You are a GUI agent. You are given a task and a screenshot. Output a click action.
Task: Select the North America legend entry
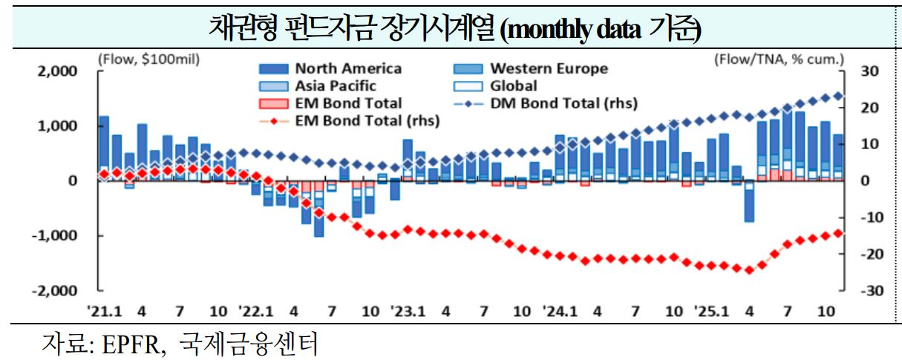pyautogui.click(x=348, y=68)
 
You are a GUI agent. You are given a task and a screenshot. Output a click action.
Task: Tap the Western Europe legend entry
pyautogui.click(x=549, y=68)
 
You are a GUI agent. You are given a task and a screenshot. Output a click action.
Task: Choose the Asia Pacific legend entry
pyautogui.click(x=336, y=86)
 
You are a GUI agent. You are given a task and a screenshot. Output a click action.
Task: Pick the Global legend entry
pyautogui.click(x=514, y=86)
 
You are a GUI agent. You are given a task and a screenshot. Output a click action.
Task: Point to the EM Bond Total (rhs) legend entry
pyautogui.click(x=367, y=120)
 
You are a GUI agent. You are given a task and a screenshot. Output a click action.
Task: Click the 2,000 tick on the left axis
pyautogui.click(x=56, y=71)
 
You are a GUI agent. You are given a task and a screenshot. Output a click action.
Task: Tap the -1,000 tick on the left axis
pyautogui.click(x=54, y=236)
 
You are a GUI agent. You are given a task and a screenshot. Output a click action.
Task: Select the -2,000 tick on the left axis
pyautogui.click(x=54, y=290)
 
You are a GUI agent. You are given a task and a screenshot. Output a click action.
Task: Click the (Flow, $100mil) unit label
pyautogui.click(x=148, y=58)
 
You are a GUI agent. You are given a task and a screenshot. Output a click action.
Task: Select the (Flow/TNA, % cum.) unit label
pyautogui.click(x=780, y=58)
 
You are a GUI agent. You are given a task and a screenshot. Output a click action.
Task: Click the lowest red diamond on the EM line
pyautogui.click(x=748, y=270)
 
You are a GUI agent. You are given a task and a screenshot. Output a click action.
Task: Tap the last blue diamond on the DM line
pyautogui.click(x=838, y=96)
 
